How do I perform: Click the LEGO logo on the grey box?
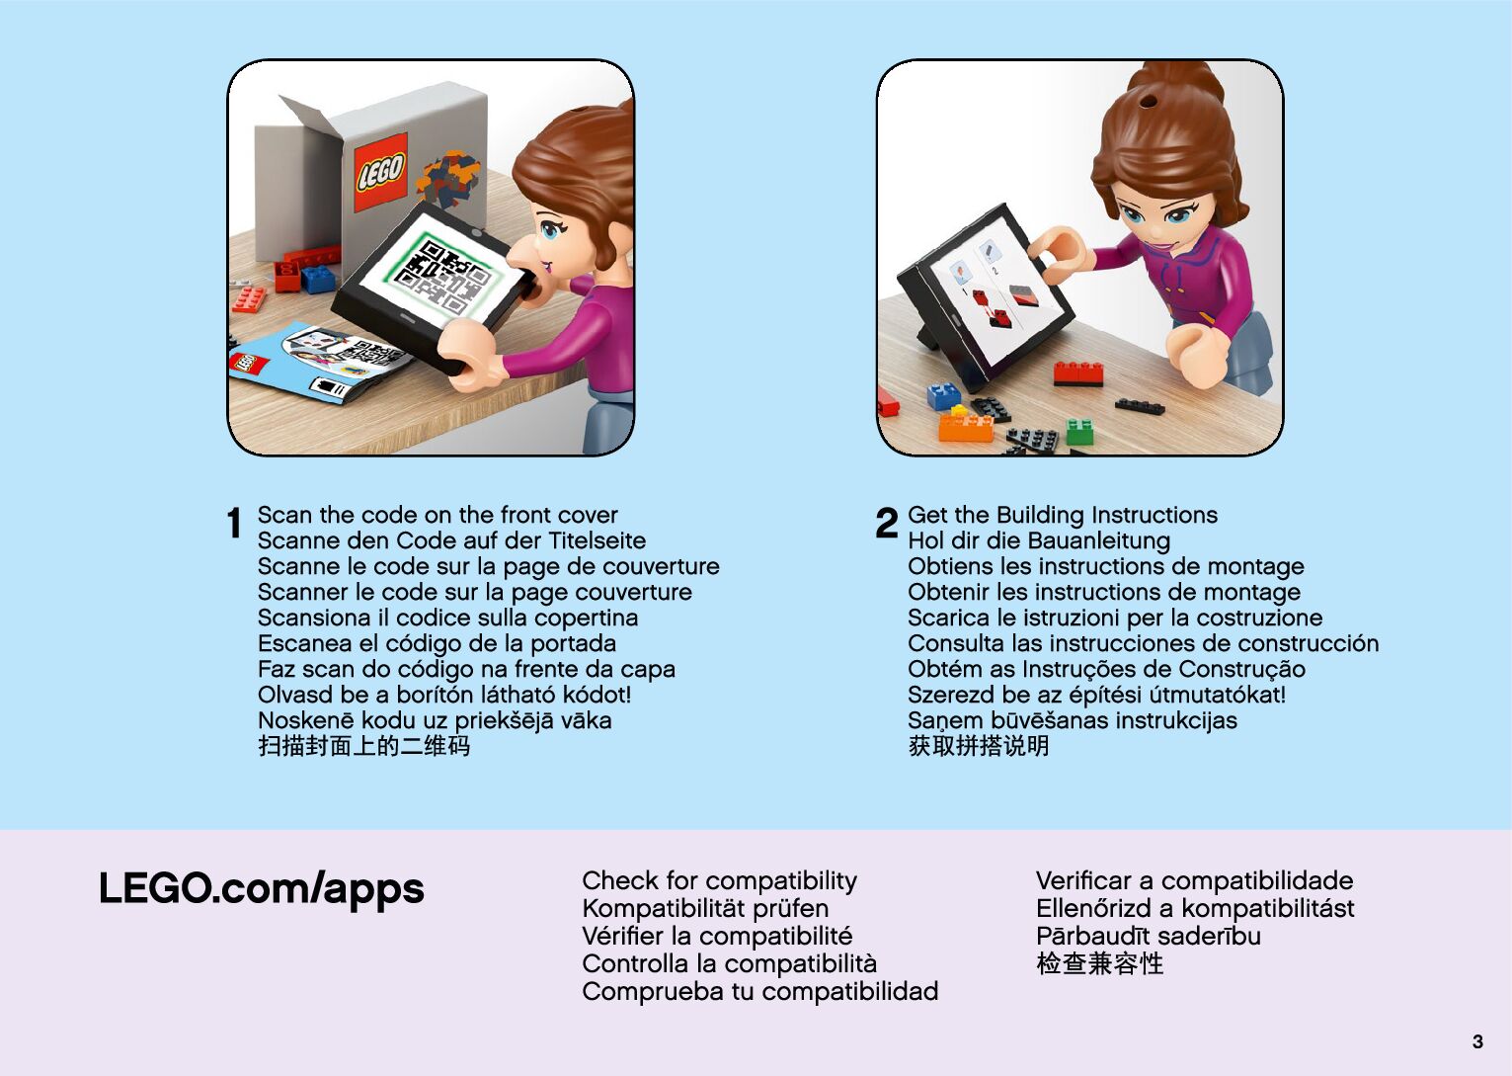[x=380, y=172]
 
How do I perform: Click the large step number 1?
[x=234, y=523]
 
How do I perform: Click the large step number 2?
[x=886, y=523]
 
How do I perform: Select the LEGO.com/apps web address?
[x=262, y=888]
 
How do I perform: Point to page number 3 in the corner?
[x=1477, y=1041]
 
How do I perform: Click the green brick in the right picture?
[x=1079, y=431]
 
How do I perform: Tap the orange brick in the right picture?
[x=966, y=427]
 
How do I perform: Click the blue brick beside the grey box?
[x=318, y=279]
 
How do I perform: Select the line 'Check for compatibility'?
[x=720, y=880]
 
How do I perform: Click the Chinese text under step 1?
[x=363, y=746]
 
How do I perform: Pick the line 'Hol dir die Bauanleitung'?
[x=1039, y=540]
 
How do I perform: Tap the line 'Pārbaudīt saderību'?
[x=1149, y=936]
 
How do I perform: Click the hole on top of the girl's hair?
[x=1149, y=103]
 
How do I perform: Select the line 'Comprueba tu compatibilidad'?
[x=760, y=992]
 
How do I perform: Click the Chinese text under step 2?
[x=979, y=746]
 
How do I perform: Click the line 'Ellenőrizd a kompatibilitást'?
[x=1195, y=908]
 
